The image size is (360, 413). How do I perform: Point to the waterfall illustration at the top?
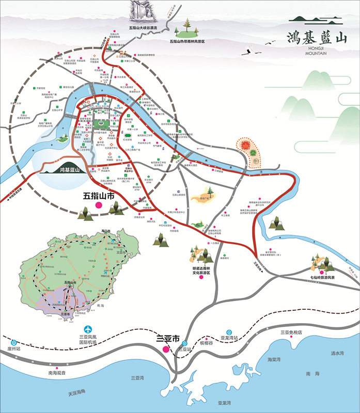139,10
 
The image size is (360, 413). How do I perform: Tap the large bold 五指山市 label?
99,196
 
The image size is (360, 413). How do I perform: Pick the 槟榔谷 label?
206,342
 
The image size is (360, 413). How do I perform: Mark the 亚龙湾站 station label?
229,338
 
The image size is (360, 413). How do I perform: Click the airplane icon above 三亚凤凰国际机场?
88,329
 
